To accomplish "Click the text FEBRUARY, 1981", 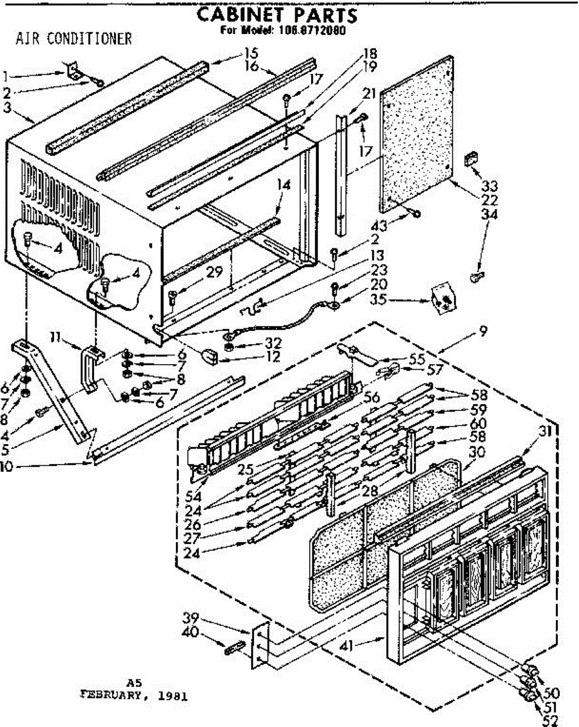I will [x=135, y=695].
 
